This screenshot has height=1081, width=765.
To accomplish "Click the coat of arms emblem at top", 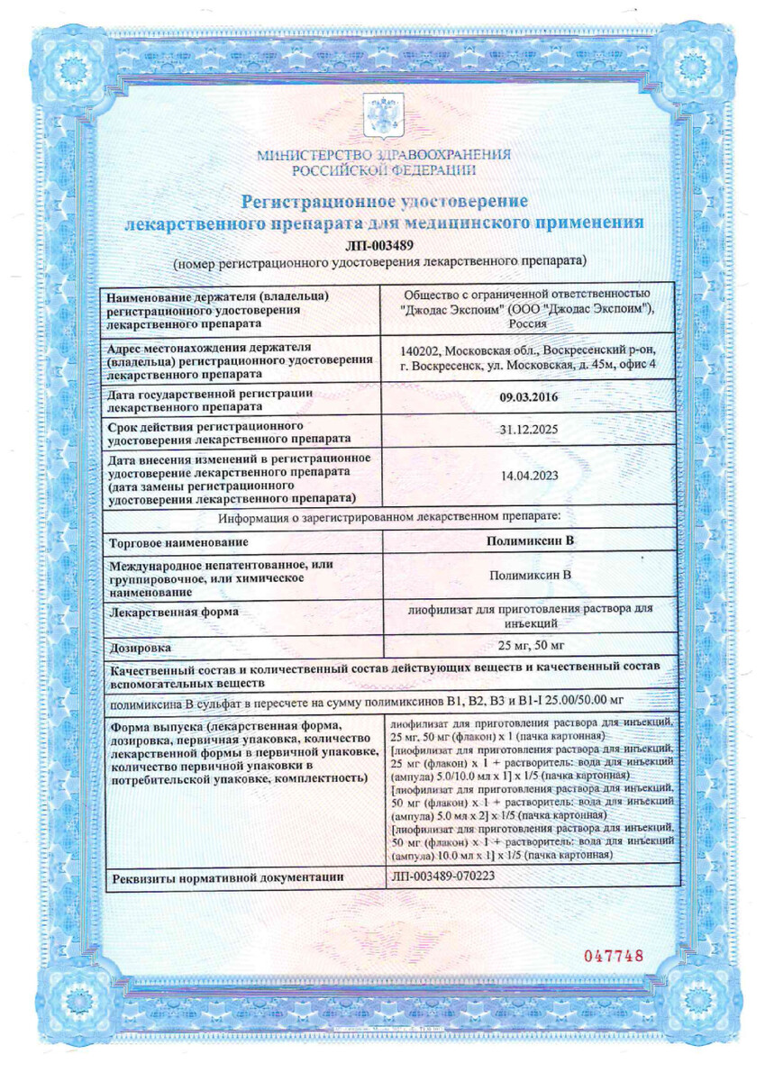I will click(383, 119).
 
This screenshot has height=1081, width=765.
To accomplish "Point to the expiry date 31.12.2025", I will click(529, 431).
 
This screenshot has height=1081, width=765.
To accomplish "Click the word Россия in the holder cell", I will click(529, 324).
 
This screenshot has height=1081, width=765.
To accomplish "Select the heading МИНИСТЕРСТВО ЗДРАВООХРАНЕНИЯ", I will click(383, 155).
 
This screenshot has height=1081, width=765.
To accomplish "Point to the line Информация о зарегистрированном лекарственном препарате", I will click(389, 515).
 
